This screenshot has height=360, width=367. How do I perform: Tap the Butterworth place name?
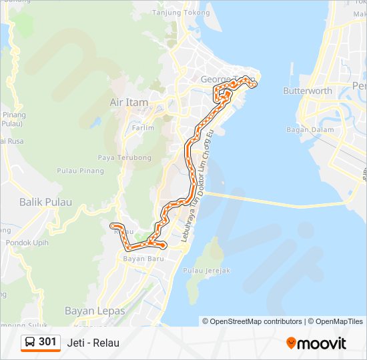coord(308,91)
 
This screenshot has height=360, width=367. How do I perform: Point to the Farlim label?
coord(143,127)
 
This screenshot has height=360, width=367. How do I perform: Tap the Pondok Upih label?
coord(27,243)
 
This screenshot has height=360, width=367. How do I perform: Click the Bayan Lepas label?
coord(91,311)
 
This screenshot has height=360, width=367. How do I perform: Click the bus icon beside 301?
coord(30,343)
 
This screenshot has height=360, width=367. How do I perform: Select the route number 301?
coord(47,343)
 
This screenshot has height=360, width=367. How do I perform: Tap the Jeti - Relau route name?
coord(93,343)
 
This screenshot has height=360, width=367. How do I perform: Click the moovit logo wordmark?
coord(322,343)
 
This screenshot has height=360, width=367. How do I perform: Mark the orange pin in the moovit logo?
coord(292,343)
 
